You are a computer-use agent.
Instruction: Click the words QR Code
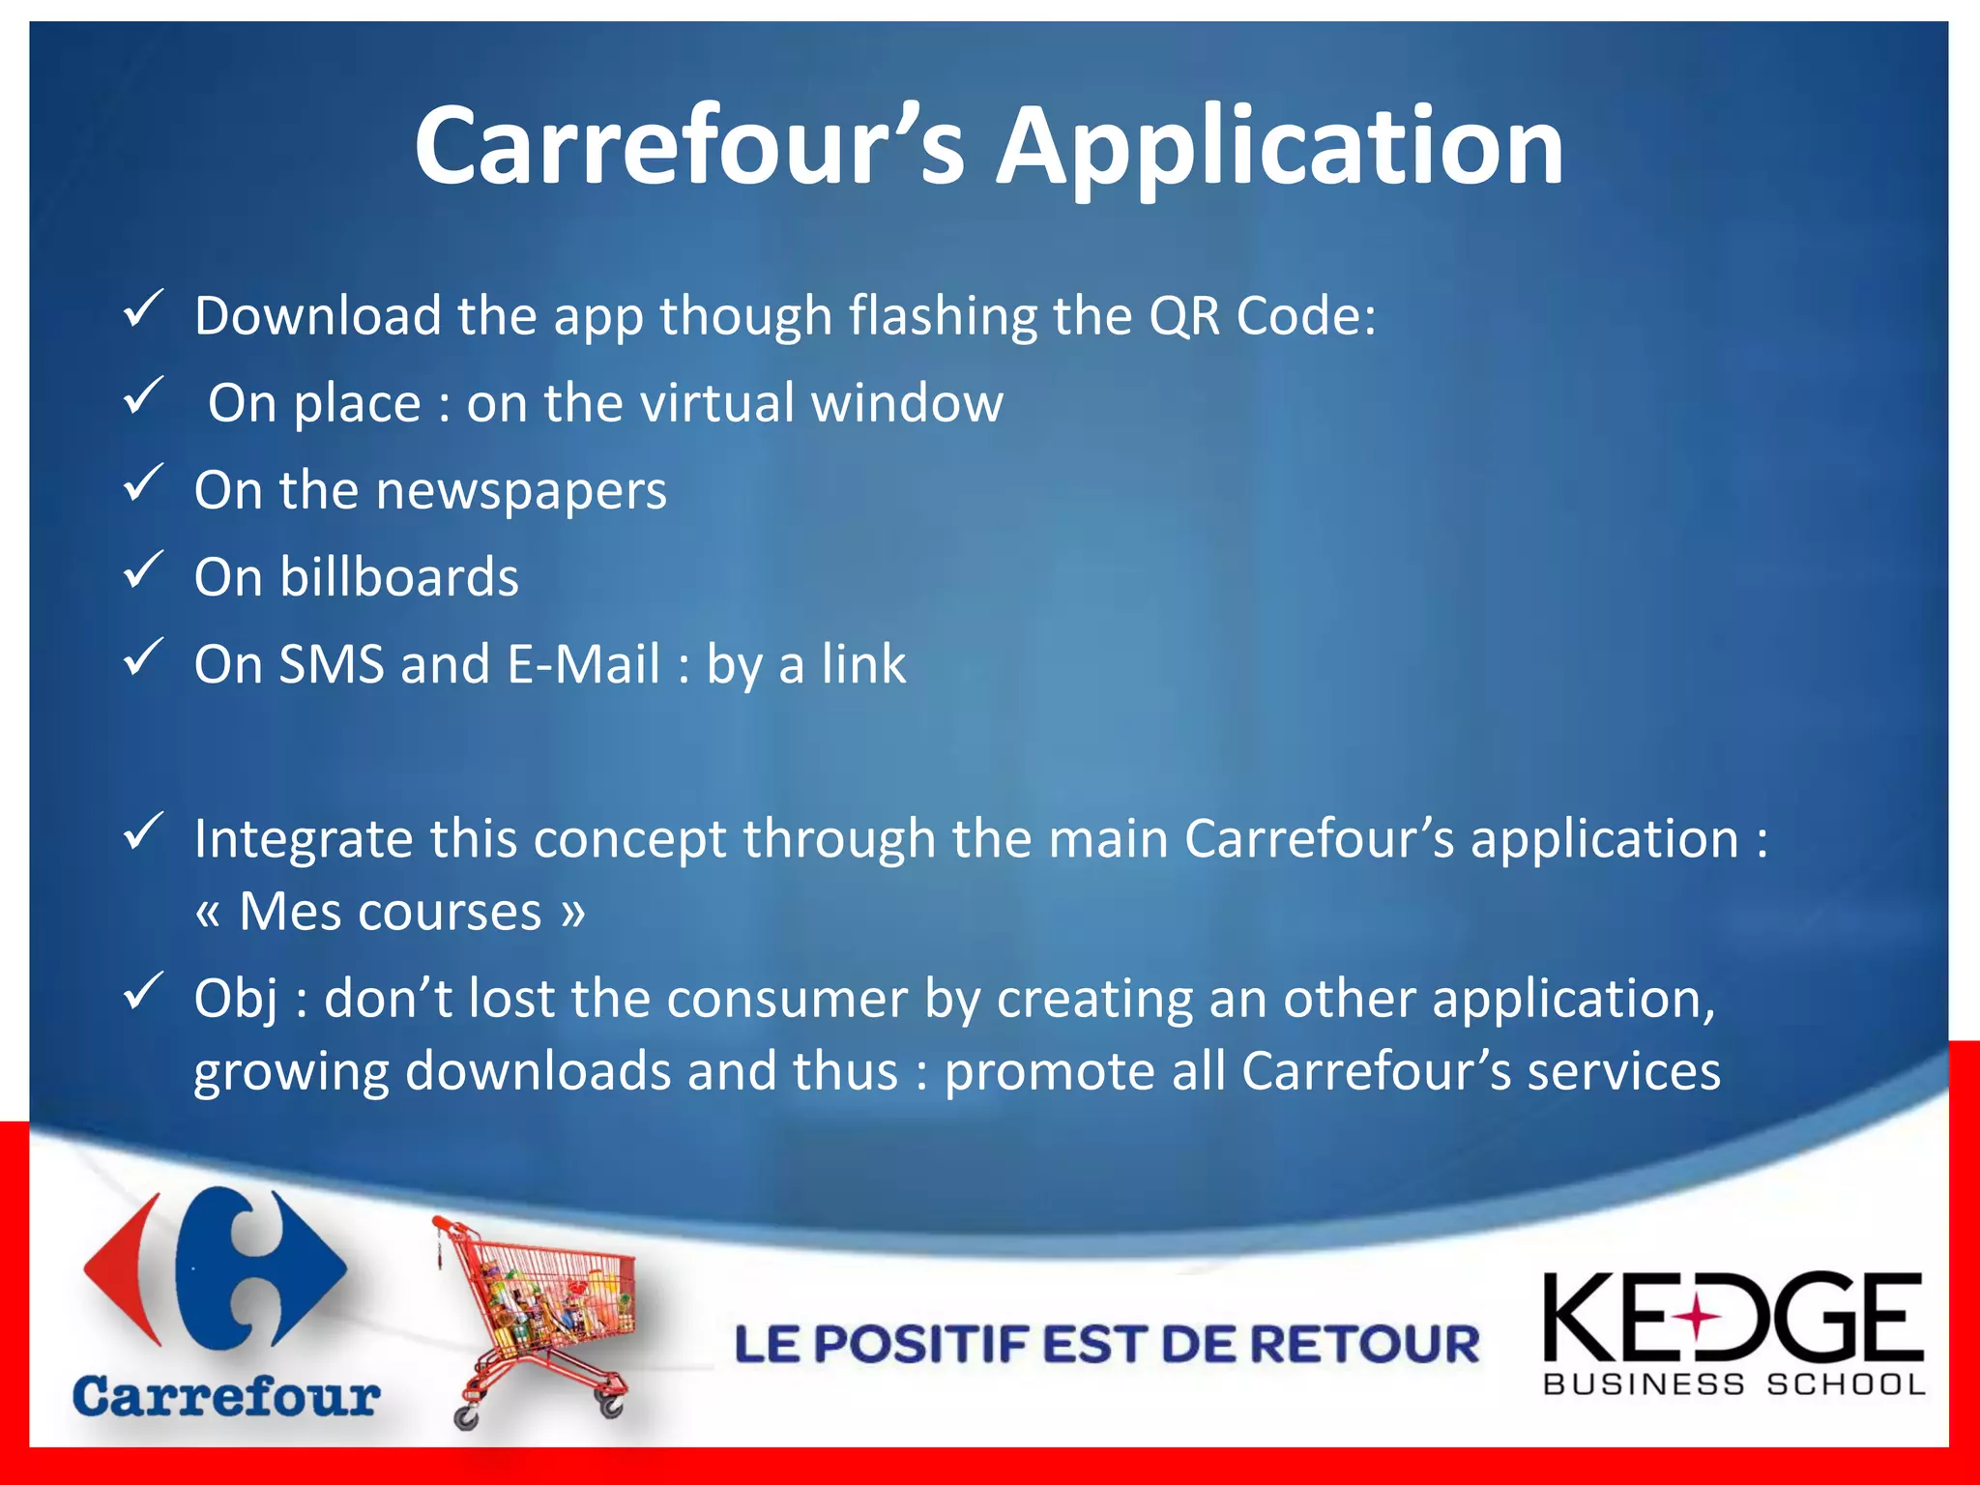click(x=1261, y=316)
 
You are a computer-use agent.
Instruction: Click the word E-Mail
click(x=583, y=665)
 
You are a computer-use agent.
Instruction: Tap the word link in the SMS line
click(x=863, y=665)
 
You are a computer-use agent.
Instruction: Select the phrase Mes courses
click(x=390, y=912)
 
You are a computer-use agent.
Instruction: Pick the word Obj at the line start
click(x=236, y=999)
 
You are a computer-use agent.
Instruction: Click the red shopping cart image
click(x=538, y=1315)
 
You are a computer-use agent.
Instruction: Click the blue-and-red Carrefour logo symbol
click(x=215, y=1267)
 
